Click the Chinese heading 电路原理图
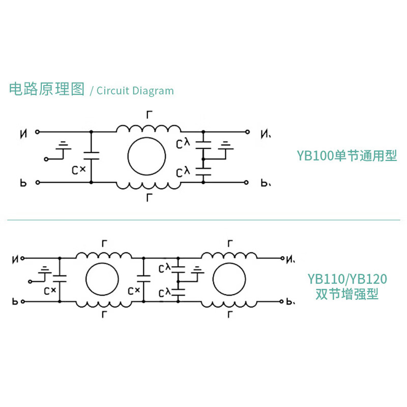[x=46, y=90]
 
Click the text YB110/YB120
[x=347, y=279]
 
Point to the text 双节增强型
[x=347, y=294]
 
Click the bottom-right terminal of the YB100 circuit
[x=247, y=182]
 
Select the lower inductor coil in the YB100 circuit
[x=148, y=186]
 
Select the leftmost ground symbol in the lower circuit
[x=45, y=270]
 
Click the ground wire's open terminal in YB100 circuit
[x=45, y=159]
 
